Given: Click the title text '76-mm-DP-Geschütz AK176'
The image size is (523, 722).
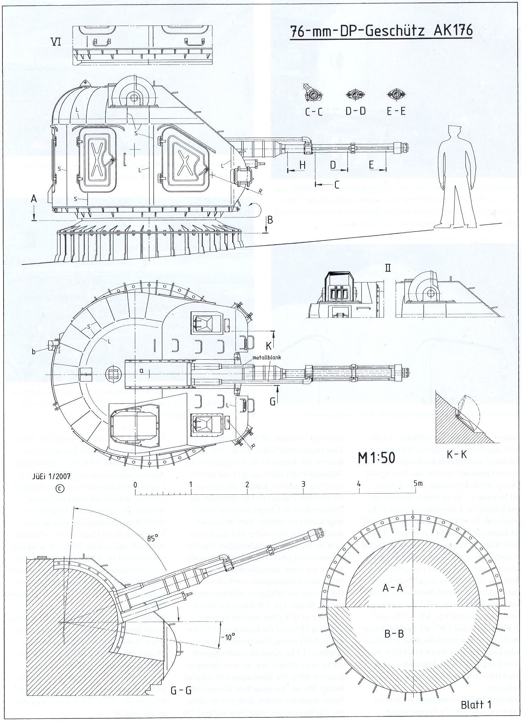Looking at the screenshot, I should point(381,32).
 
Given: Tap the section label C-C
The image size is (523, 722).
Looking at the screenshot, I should point(314,111).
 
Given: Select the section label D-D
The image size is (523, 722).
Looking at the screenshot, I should point(355,111).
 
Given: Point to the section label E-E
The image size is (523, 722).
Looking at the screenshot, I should point(396,111).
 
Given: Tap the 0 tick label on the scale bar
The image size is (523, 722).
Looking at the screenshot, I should point(135,484).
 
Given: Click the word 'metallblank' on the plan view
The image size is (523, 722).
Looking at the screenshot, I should point(266,358).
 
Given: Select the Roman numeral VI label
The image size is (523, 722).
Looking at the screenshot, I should point(56,42).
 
